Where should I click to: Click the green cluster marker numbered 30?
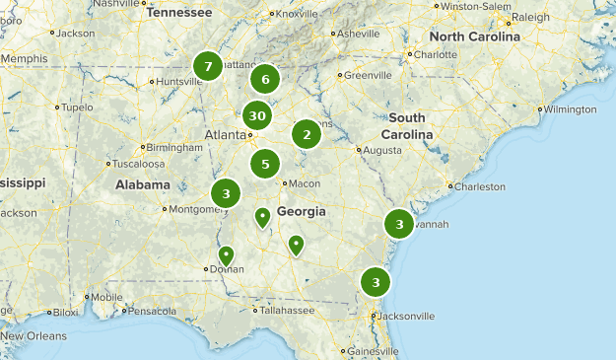tap(257, 115)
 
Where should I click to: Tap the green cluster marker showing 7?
tap(207, 66)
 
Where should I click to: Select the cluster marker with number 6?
tap(265, 79)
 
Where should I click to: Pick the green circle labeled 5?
tap(265, 165)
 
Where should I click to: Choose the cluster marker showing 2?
tap(307, 133)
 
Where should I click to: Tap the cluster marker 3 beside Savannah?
tap(399, 225)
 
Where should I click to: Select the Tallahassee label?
tap(287, 310)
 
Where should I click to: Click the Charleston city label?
tap(480, 185)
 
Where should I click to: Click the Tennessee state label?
tap(178, 13)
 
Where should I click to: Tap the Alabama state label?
tap(142, 184)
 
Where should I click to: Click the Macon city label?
tap(306, 183)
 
